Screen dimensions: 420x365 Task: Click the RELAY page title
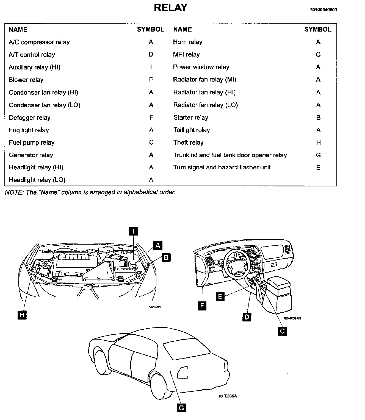pyautogui.click(x=170, y=8)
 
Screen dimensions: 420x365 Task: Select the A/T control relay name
pyautogui.click(x=32, y=55)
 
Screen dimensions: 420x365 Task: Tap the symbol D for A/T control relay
pyautogui.click(x=151, y=54)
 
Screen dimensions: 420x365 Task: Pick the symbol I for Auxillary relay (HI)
pyautogui.click(x=151, y=67)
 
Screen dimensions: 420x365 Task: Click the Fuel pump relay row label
pyautogui.click(x=32, y=142)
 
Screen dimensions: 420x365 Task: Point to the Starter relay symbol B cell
pyautogui.click(x=318, y=118)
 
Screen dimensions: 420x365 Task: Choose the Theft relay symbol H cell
pyautogui.click(x=318, y=142)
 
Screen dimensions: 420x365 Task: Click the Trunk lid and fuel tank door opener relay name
pyautogui.click(x=230, y=155)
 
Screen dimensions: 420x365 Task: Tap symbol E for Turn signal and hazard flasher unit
pyautogui.click(x=318, y=167)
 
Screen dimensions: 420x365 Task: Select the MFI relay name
pyautogui.click(x=186, y=55)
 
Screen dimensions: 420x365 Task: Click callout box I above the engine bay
pyautogui.click(x=133, y=231)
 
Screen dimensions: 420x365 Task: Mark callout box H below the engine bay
pyautogui.click(x=22, y=315)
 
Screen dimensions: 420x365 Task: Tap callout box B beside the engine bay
pyautogui.click(x=166, y=257)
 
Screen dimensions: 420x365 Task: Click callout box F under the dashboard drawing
pyautogui.click(x=202, y=306)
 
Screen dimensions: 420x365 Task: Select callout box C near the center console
pyautogui.click(x=282, y=331)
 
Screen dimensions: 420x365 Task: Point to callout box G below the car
pyautogui.click(x=181, y=408)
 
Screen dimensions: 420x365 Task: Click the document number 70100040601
pyautogui.click(x=323, y=10)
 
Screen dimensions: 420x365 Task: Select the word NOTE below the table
pyautogui.click(x=13, y=192)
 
